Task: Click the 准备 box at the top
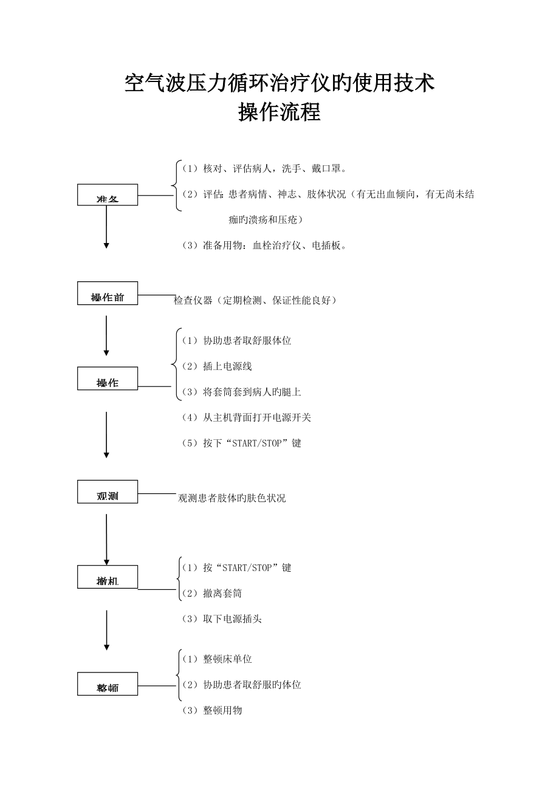tap(108, 195)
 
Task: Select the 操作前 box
tap(108, 293)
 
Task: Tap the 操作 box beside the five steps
tap(108, 379)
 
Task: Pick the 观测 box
tap(108, 492)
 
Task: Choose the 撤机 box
tap(108, 577)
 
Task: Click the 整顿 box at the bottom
tap(108, 684)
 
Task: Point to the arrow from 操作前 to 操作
tap(106, 335)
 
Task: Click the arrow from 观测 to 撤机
tap(106, 539)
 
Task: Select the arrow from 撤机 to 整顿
tap(106, 629)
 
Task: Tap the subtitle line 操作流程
tap(279, 112)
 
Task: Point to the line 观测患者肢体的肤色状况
tap(231, 498)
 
